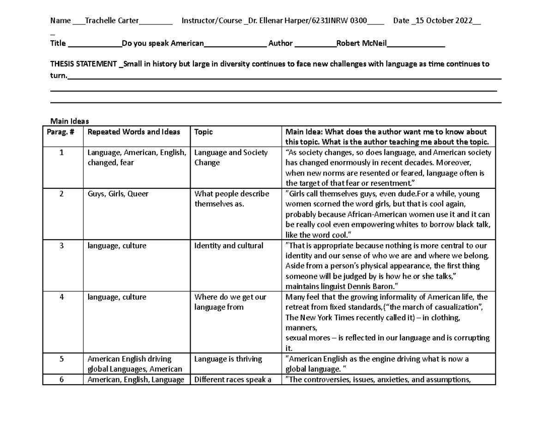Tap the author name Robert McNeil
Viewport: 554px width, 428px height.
[361, 43]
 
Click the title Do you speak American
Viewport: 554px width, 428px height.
[162, 43]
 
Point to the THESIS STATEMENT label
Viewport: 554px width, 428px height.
[84, 64]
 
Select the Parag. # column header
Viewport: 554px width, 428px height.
[60, 132]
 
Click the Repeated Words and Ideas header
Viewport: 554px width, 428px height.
[133, 132]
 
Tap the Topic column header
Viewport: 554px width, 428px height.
[204, 132]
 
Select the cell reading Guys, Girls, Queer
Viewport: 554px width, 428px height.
[118, 194]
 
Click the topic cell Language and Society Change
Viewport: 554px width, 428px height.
[230, 157]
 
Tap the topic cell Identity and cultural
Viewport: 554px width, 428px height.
[229, 246]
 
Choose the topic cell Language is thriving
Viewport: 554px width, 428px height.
[228, 359]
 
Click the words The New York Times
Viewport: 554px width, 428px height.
[317, 317]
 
